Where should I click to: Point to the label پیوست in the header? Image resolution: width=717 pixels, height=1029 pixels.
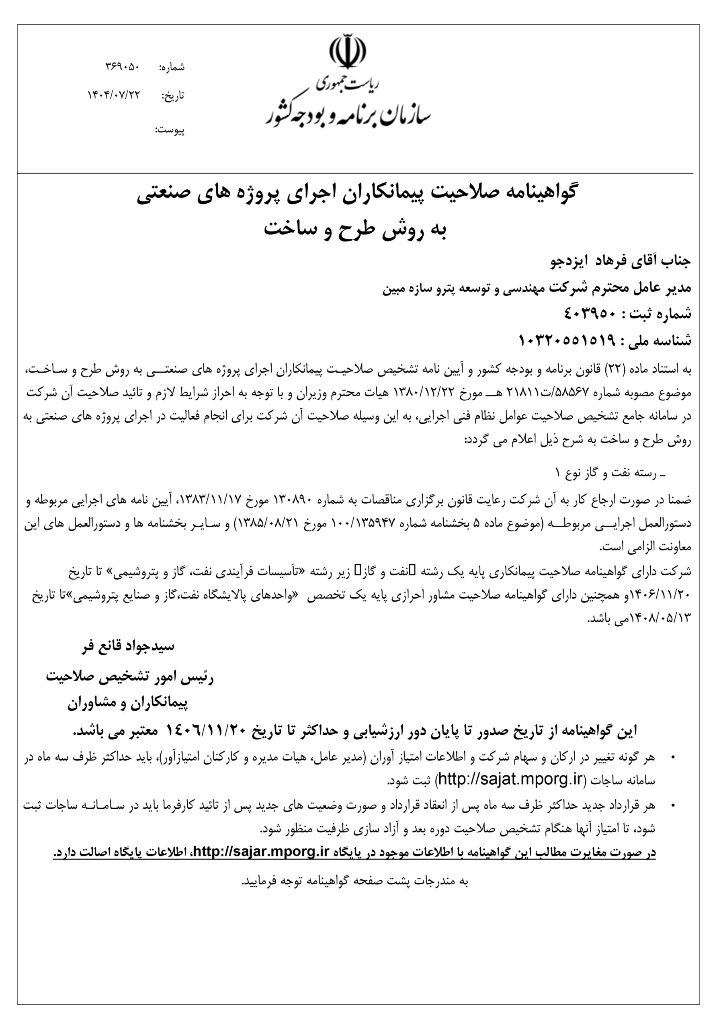pos(170,130)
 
